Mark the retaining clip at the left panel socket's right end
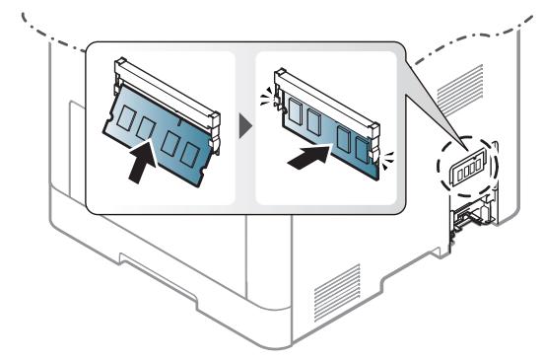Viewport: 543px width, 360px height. tap(210, 116)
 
